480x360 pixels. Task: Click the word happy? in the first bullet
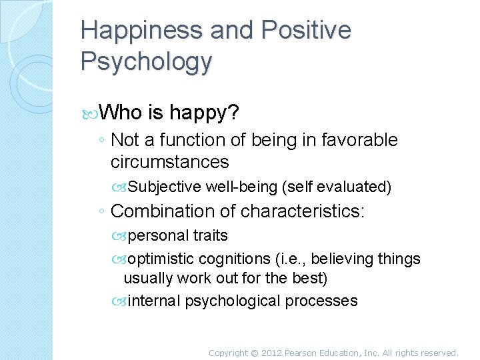pos(211,113)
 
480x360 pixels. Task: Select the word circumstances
pos(169,162)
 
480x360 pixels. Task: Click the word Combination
pos(164,212)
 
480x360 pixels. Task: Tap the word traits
pos(210,236)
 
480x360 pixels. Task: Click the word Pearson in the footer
pos(303,353)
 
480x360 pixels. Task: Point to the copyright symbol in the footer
pos(253,353)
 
